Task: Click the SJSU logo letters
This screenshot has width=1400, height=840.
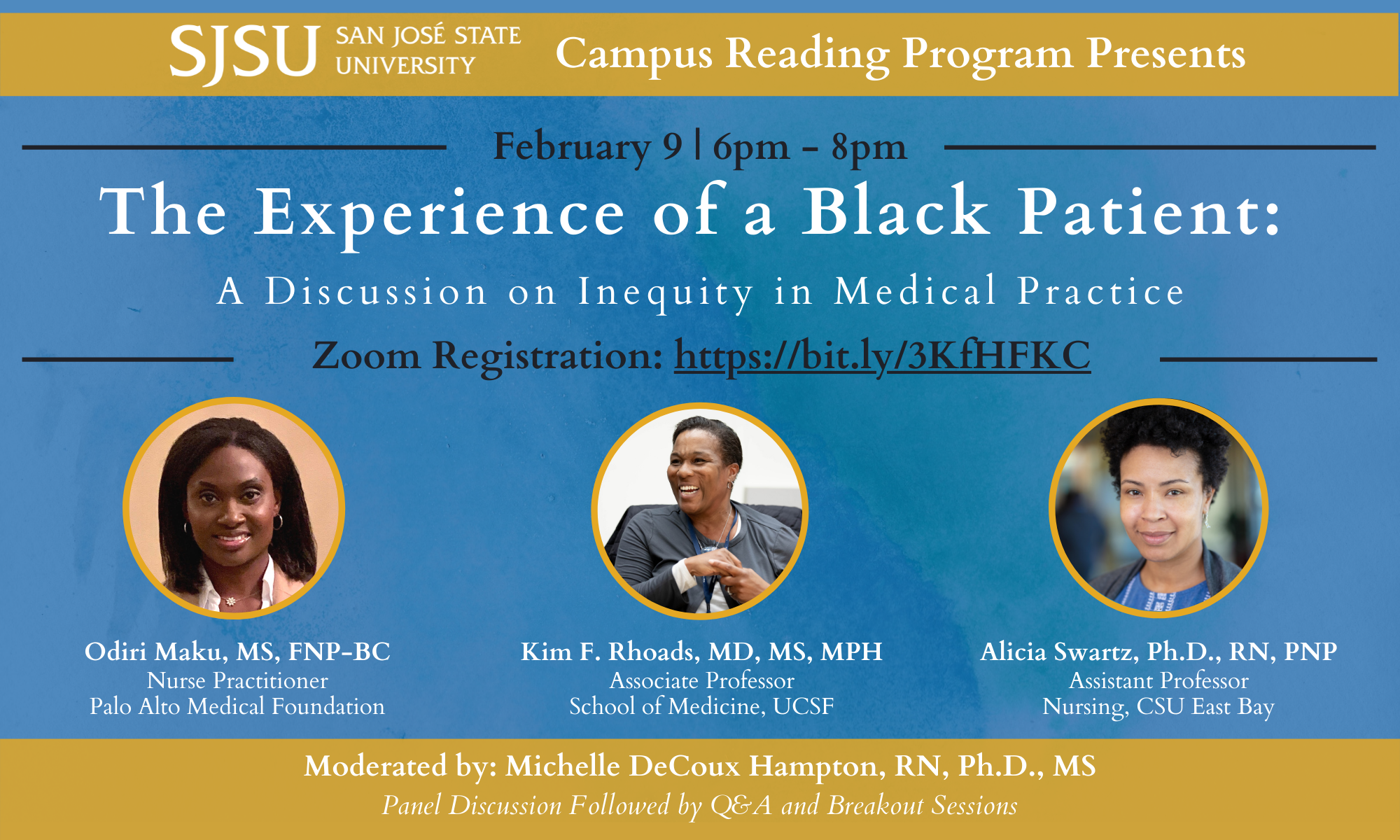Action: pos(244,52)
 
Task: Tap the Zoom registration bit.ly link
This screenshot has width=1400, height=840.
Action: pos(882,356)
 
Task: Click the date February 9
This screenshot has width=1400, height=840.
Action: pos(587,147)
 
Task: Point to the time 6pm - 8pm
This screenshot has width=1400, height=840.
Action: pos(809,148)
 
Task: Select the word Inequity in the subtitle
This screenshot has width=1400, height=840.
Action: pos(665,291)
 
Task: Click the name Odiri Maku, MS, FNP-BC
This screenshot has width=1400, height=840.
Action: pos(237,652)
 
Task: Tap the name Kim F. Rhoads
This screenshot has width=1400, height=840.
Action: pos(609,652)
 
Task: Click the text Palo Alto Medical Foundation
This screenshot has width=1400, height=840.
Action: pos(237,706)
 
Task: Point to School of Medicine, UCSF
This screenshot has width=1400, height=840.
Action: pos(701,706)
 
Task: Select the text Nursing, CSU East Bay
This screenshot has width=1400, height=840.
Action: pos(1158,706)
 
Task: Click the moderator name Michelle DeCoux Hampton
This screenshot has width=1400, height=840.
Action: pos(691,766)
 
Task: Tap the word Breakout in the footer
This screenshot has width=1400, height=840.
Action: pos(875,806)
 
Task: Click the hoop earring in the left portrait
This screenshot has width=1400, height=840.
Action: pos(278,521)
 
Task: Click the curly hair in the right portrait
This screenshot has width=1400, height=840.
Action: pos(1162,434)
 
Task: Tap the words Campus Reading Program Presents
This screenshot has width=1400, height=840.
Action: pos(900,54)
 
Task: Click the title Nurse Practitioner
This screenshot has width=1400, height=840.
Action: pos(237,680)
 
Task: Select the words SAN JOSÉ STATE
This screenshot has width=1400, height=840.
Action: pos(428,36)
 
